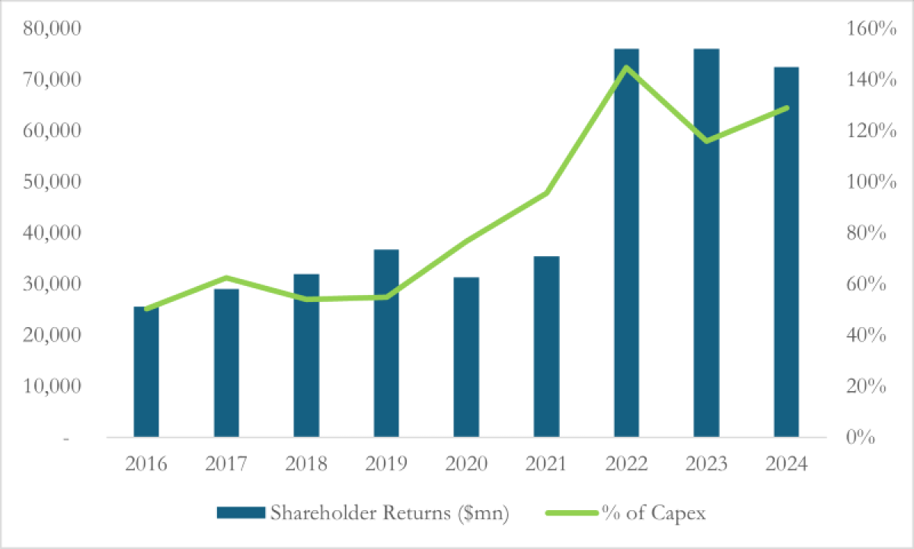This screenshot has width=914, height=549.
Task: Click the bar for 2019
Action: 386,343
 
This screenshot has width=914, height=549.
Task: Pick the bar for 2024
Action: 786,252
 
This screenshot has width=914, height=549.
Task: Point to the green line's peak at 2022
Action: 626,67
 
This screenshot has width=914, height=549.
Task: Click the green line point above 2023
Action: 706,141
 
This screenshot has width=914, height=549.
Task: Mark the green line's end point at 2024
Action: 786,108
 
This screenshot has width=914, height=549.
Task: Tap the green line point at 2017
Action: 226,278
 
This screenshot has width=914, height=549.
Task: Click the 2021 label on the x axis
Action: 546,464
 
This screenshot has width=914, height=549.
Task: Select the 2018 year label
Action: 306,464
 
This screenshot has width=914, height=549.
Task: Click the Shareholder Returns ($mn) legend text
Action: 389,513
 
